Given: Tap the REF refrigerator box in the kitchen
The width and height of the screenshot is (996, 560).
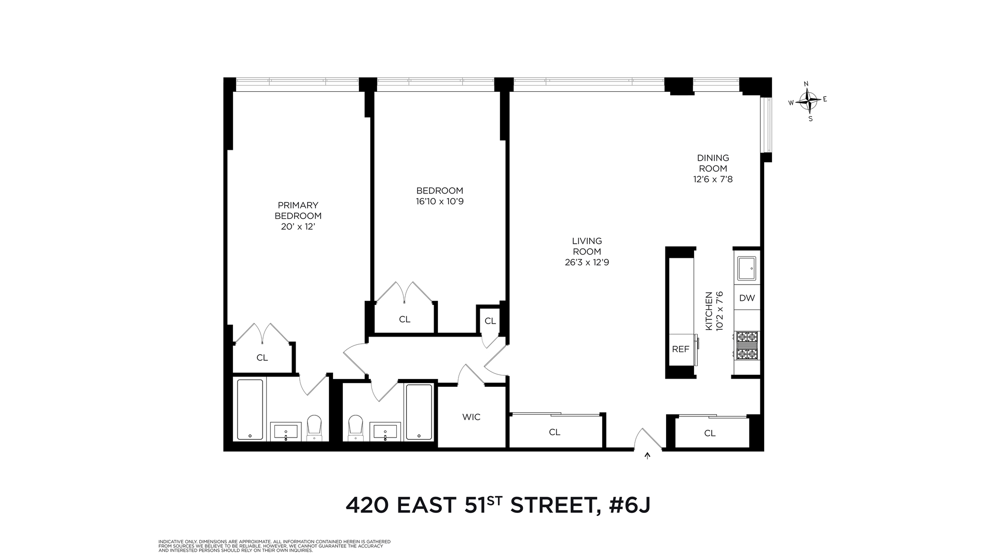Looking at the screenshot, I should tap(681, 349).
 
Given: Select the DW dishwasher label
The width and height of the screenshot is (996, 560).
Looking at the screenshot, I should tap(747, 298).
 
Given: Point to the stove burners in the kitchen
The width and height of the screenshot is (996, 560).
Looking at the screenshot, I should tap(747, 346).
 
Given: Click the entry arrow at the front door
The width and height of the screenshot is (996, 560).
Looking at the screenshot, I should tap(647, 456).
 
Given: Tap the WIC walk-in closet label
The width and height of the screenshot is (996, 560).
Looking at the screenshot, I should tap(472, 417).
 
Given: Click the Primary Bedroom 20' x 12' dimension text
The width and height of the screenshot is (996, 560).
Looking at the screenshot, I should tap(298, 227).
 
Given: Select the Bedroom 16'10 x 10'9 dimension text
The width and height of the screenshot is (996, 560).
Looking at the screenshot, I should tap(439, 202).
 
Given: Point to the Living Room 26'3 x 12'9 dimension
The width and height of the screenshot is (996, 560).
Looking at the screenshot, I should tap(587, 262).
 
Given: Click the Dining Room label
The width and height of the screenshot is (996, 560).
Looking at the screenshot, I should tap(713, 163).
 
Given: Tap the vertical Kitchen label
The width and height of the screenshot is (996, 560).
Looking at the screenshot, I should tap(709, 311).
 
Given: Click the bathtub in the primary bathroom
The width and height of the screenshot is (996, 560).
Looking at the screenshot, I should tap(251, 410).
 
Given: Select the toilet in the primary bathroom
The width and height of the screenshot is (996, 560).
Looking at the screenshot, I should tap(314, 427).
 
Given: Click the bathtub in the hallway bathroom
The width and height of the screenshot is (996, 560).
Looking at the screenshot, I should tap(419, 412).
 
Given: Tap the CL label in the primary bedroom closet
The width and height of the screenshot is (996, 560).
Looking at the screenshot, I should tap(262, 358).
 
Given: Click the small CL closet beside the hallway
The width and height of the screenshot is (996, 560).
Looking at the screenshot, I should tap(490, 321).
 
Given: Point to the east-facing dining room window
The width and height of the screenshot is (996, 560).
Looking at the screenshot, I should tap(766, 124).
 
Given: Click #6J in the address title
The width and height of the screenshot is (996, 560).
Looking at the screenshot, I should tap(629, 505).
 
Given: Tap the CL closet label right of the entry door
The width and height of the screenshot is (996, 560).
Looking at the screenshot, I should tap(710, 433).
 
